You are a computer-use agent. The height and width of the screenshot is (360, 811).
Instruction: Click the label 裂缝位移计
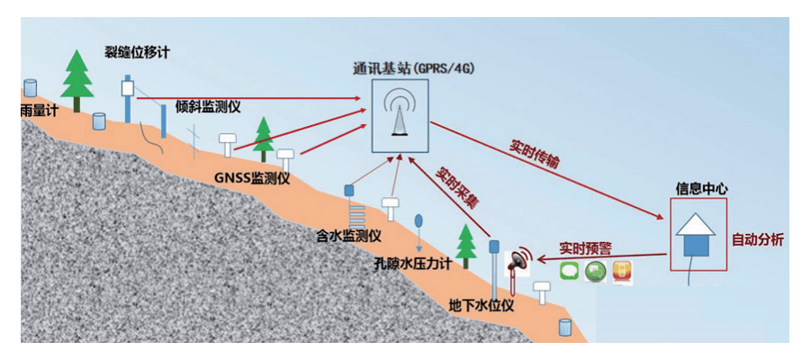(x=137, y=51)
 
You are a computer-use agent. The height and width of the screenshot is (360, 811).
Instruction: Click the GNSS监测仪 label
(x=252, y=178)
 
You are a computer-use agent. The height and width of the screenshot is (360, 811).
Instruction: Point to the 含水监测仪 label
(x=348, y=237)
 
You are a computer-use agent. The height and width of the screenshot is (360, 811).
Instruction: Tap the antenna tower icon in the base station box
(x=400, y=115)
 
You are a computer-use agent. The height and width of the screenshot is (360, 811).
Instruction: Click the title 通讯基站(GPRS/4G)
(x=413, y=69)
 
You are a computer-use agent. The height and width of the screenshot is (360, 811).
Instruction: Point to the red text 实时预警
(x=585, y=247)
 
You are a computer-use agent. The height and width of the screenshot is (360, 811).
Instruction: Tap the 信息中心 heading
(x=701, y=189)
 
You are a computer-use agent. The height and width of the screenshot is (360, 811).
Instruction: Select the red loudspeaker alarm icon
(x=521, y=260)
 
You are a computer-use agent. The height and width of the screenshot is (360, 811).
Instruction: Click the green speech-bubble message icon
(x=569, y=272)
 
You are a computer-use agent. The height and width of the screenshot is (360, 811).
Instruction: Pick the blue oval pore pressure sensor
(x=419, y=220)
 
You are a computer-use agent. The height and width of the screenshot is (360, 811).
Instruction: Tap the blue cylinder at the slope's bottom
(x=564, y=328)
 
